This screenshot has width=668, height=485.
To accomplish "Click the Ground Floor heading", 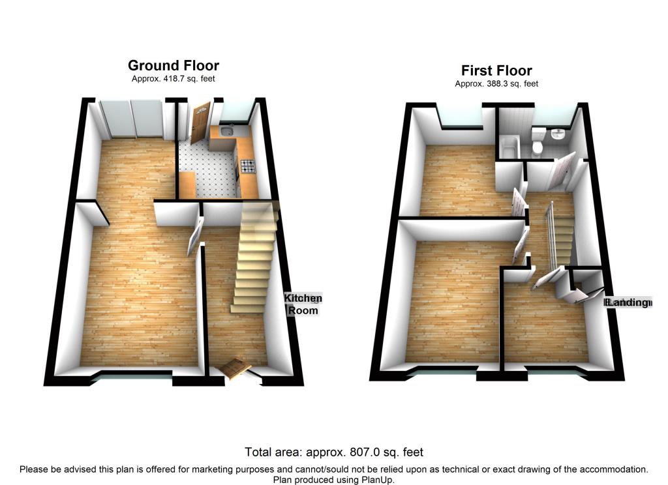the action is tap(173, 65).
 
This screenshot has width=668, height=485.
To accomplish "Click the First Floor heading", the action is tap(496, 70).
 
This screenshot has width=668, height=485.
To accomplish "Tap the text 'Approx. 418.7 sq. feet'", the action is tap(173, 79).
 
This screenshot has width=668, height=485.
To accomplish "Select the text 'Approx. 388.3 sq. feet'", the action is tap(496, 84).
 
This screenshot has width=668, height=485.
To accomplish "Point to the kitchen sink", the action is tap(226, 132).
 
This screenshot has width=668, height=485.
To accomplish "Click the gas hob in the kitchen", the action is tap(247, 167).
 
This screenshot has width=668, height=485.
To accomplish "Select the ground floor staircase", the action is tap(253, 261).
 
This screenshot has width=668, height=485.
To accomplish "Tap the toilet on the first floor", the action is tap(538, 142).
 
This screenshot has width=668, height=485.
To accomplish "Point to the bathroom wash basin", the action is tap(558, 136).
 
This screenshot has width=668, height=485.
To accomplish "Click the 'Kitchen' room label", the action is tap(303, 299).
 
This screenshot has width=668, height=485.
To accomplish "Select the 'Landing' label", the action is tap(628, 302).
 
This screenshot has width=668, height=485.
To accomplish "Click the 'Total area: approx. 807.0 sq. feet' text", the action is tap(334, 452).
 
